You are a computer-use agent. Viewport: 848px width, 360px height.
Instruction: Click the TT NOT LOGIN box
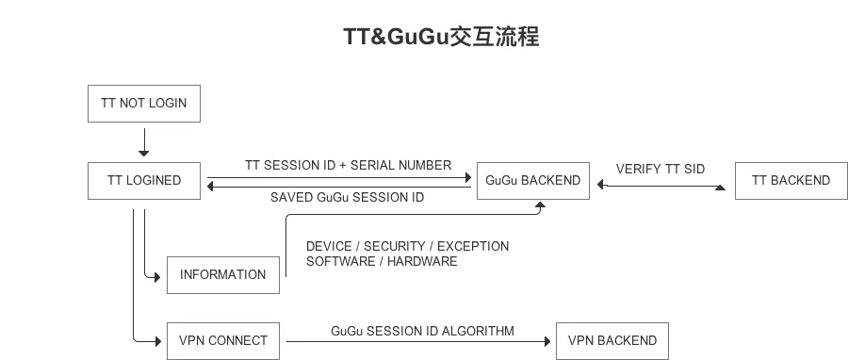point(144,104)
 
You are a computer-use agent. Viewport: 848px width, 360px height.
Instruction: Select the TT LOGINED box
point(144,181)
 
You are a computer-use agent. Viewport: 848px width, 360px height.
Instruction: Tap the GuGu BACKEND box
point(532,181)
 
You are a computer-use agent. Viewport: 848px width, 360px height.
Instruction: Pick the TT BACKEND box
point(791,181)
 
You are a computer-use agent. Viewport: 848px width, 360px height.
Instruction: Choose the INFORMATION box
point(222,275)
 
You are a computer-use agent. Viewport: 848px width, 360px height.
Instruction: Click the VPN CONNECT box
point(222,341)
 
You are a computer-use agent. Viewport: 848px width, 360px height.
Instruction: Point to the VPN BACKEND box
point(612,341)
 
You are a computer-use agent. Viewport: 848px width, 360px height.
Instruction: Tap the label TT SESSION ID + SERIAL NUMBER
point(348,166)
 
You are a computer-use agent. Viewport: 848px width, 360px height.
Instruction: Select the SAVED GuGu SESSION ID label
point(347,197)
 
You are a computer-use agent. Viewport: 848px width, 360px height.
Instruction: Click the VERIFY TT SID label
point(660,170)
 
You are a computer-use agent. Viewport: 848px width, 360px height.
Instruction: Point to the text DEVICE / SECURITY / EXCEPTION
point(407,247)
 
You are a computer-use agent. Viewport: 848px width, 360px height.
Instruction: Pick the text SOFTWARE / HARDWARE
point(382,262)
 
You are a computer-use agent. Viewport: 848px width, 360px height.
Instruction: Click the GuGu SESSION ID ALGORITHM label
point(422,331)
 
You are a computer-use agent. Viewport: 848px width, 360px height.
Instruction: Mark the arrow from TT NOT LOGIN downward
point(144,142)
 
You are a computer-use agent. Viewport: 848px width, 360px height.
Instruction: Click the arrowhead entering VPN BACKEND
point(547,341)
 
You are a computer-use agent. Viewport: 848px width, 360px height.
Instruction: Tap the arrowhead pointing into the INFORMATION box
point(157,277)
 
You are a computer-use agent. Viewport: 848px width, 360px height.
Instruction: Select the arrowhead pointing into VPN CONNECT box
point(158,341)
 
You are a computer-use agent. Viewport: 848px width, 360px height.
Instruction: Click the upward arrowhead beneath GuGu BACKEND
point(540,205)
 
